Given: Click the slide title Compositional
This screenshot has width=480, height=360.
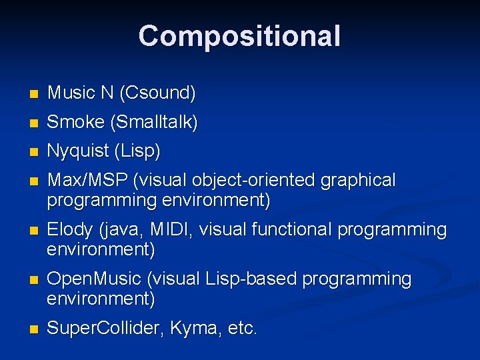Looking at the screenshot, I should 239,36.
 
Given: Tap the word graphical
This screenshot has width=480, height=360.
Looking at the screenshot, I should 358,181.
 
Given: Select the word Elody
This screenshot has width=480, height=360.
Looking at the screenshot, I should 70,230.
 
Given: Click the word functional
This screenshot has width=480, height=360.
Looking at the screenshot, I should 293,230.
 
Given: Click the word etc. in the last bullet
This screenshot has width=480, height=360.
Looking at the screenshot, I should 239,329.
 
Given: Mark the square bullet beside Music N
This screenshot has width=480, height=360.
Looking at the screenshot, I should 35,94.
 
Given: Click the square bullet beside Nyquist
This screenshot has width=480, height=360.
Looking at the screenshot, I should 35,153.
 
